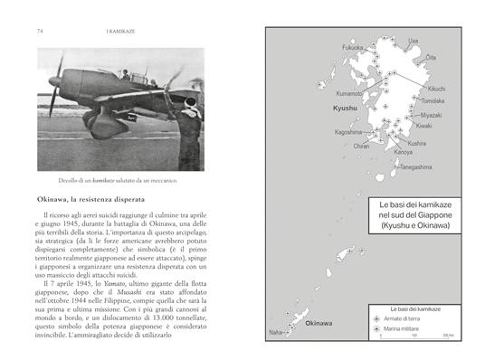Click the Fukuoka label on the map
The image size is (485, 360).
327,47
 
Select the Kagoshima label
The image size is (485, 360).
324,131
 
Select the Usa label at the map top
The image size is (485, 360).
414,41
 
